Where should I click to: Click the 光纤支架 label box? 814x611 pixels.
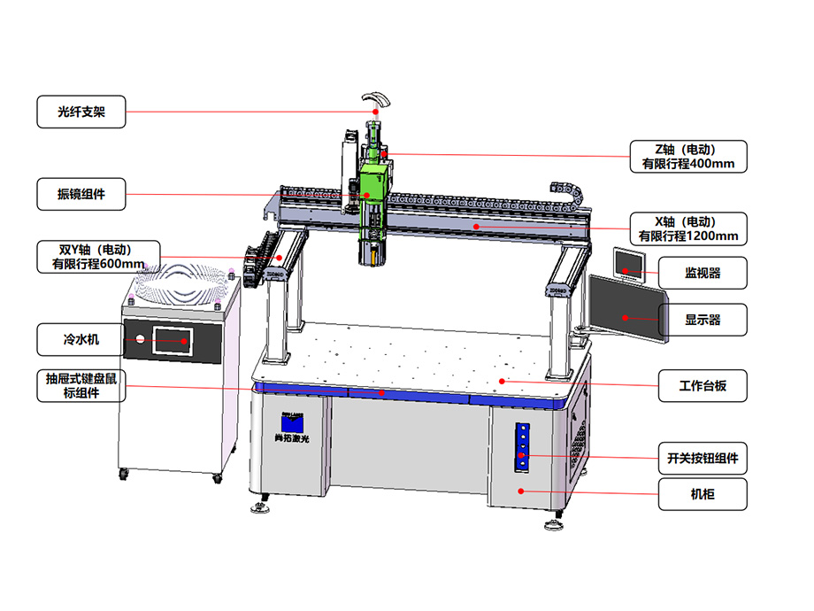[x=81, y=112]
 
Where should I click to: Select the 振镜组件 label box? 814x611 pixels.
[x=81, y=194]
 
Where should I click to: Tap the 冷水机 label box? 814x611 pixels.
[x=81, y=340]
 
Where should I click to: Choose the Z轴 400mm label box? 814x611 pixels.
[x=688, y=157]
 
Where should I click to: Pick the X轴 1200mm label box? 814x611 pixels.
[x=688, y=228]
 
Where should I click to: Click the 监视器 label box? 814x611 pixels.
[x=703, y=273]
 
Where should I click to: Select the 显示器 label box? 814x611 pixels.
[x=703, y=320]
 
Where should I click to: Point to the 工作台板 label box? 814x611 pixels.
[x=703, y=385]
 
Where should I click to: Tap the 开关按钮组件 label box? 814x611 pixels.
[x=703, y=459]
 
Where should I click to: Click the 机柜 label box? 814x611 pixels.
[x=703, y=494]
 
